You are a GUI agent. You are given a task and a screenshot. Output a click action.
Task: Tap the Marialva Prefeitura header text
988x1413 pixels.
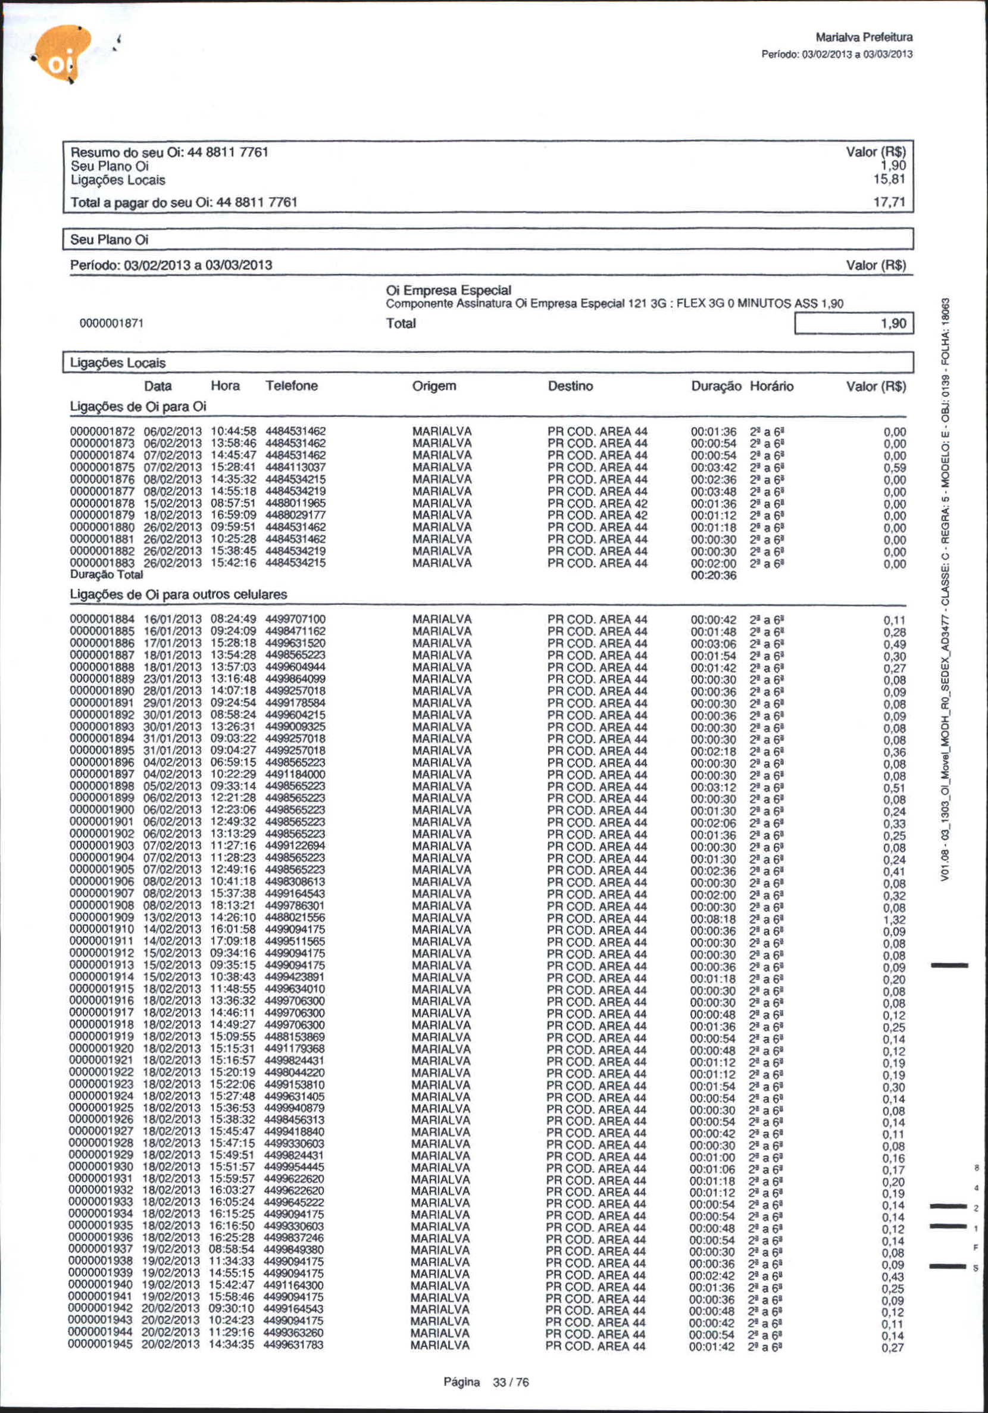[863, 38]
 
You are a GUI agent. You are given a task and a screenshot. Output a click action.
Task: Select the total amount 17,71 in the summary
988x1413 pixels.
[889, 202]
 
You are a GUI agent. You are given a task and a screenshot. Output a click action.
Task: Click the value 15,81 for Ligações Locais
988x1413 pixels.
[889, 180]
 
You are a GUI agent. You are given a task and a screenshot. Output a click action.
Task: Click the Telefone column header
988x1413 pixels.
[292, 386]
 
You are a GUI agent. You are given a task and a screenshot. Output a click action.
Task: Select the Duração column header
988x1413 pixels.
[715, 386]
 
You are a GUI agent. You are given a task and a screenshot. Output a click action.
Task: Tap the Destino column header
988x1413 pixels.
[570, 386]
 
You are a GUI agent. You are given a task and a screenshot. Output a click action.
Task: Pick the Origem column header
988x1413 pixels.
[434, 386]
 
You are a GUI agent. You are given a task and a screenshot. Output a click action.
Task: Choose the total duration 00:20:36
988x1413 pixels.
[713, 575]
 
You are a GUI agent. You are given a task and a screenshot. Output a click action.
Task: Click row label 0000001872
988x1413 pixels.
[102, 432]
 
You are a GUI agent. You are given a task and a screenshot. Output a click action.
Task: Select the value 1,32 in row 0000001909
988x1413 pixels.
[893, 920]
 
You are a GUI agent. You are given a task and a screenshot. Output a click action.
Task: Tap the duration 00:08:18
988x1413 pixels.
[712, 918]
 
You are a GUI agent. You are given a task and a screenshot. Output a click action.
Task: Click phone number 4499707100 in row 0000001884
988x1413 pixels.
[295, 619]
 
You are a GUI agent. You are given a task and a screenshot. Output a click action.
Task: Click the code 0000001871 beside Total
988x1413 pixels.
[112, 324]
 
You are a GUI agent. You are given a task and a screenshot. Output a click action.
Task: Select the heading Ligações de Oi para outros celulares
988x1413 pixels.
[179, 595]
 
